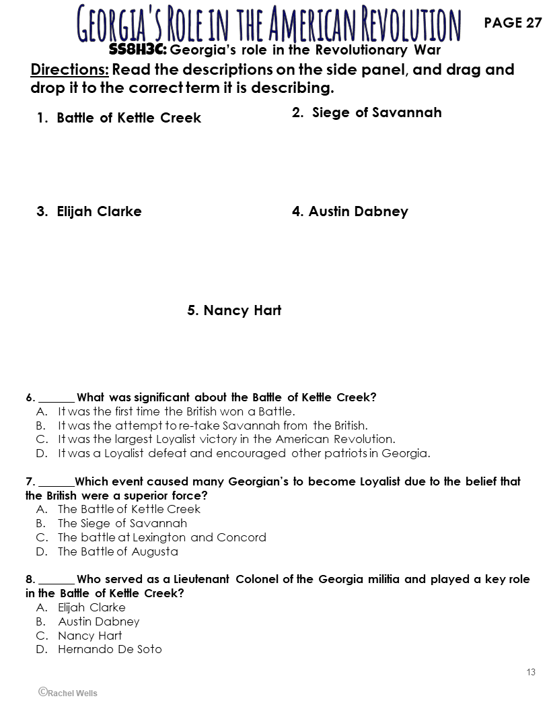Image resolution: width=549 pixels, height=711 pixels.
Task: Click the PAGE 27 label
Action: [x=513, y=23]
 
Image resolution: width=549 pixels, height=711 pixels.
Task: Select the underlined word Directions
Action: [x=69, y=70]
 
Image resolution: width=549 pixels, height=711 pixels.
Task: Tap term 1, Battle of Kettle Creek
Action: [x=119, y=118]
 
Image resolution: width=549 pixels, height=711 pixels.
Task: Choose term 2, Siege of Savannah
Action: [x=367, y=112]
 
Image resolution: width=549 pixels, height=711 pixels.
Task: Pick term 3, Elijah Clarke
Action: [x=89, y=211]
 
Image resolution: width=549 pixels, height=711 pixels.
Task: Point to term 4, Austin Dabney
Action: [x=350, y=211]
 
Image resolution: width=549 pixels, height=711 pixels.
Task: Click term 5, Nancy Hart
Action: [x=234, y=310]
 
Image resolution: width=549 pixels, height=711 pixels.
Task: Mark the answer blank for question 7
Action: [x=57, y=483]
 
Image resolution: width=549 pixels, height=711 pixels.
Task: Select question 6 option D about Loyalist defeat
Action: [x=244, y=453]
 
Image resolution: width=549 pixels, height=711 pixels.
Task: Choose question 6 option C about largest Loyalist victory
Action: [x=226, y=439]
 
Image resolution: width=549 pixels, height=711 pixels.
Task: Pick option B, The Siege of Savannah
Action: [x=122, y=523]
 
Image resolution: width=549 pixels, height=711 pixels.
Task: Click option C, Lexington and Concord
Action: [x=161, y=537]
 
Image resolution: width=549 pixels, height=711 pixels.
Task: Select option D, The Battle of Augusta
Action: [x=118, y=551]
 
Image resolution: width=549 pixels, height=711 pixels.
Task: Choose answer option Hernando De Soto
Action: [x=110, y=649]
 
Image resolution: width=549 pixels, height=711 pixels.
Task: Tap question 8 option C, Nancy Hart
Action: [x=90, y=635]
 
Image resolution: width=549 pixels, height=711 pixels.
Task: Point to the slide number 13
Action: [x=531, y=672]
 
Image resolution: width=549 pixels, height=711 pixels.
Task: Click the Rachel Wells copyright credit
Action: [x=68, y=692]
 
